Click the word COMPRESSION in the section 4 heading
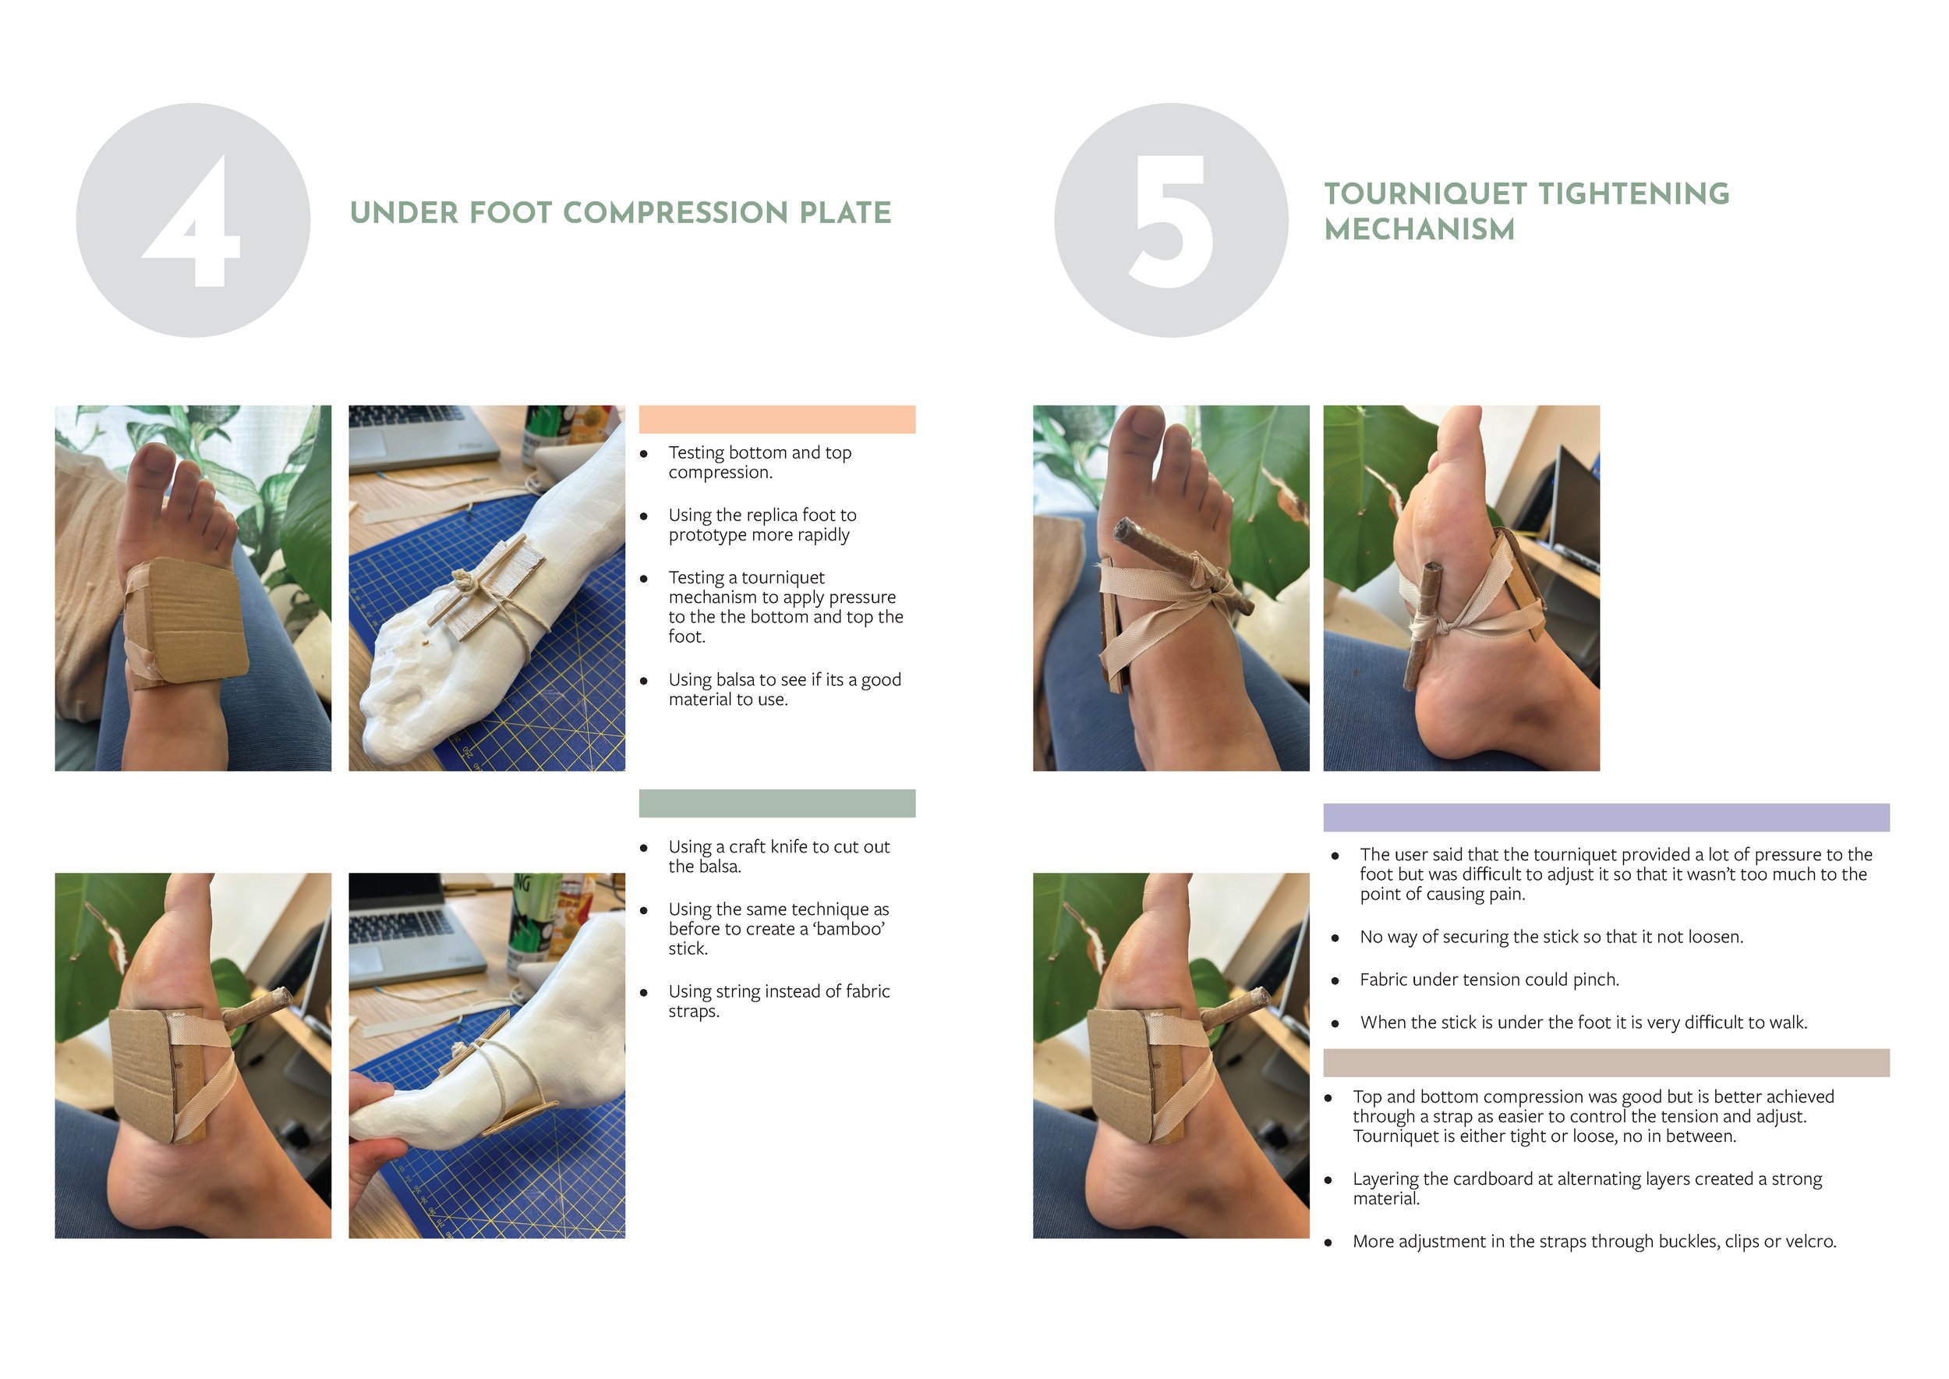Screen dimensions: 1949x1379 click(x=676, y=213)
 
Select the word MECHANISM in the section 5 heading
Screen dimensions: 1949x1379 click(x=1420, y=229)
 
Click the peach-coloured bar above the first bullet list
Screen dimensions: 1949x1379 click(x=776, y=420)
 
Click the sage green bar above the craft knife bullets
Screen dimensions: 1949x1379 click(x=776, y=803)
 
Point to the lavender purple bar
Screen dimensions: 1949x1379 click(x=1606, y=817)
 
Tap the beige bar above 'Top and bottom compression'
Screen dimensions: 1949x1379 click(x=1606, y=1063)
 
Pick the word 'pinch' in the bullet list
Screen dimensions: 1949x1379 click(x=1596, y=980)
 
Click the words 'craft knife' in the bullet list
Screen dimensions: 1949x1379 click(x=767, y=846)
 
